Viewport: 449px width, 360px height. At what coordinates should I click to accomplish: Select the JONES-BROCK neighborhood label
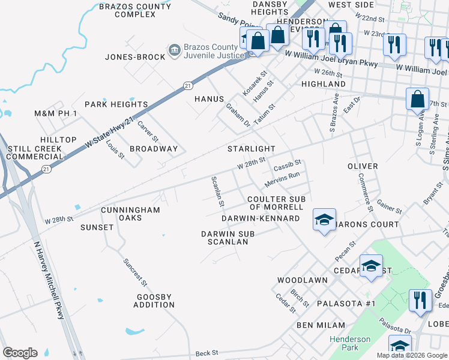pos(134,57)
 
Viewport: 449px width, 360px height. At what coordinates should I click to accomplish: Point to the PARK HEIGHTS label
pos(116,104)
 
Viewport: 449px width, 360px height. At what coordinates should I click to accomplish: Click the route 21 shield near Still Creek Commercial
pos(46,170)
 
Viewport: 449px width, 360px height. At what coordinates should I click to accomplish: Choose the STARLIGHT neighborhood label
pos(251,149)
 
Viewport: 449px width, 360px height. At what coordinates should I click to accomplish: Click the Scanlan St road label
pos(217,191)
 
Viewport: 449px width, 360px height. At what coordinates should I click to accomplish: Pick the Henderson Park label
pos(350,343)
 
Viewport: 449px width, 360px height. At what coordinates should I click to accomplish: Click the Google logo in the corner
pos(20,353)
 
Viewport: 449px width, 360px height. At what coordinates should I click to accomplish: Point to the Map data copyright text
pos(411,355)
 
